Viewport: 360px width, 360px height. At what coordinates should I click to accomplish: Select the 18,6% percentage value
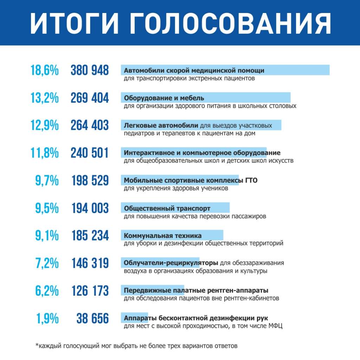45,70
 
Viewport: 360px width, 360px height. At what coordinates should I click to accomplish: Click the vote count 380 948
90,70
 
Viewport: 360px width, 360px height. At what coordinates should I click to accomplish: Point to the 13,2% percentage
45,98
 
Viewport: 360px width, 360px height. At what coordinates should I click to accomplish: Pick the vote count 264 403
90,126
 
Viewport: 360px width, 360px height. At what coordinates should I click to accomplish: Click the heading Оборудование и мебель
164,98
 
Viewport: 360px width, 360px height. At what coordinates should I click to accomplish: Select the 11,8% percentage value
45,153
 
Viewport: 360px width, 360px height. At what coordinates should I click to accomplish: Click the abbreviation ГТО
251,181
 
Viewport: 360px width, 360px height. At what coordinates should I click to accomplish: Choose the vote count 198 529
90,181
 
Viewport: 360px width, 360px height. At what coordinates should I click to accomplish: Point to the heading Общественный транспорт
167,208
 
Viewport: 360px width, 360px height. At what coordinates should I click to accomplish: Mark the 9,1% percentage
47,236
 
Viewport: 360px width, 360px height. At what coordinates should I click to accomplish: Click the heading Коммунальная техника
163,236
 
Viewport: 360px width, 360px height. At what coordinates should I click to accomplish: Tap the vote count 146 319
90,263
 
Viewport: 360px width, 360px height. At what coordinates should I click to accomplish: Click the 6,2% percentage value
47,291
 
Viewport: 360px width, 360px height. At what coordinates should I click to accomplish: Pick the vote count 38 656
93,319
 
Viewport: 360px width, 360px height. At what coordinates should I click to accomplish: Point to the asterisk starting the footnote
37,345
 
